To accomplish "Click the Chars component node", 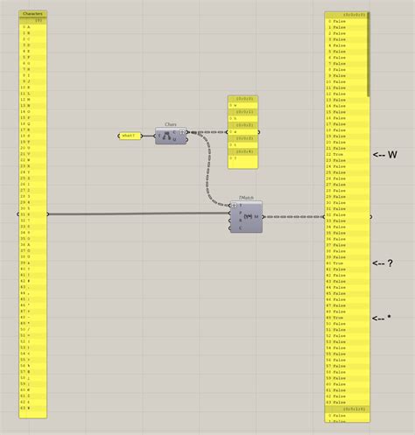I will (172, 135).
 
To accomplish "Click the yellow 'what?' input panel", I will (130, 136).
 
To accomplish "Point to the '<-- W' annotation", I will (385, 155).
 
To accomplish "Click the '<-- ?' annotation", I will (383, 263).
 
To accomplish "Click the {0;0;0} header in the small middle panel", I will (243, 99).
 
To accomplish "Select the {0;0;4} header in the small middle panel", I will (243, 151).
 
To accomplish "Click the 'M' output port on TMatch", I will (257, 215).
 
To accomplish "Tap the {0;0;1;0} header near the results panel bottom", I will (347, 409).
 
